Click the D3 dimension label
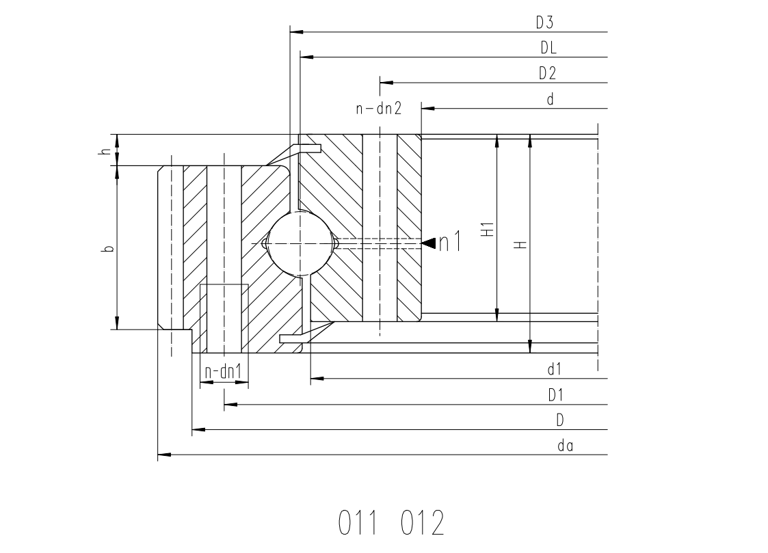click(x=544, y=23)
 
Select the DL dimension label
click(x=548, y=47)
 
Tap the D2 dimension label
click(x=548, y=73)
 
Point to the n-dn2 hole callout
click(x=379, y=108)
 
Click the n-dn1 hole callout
click(x=224, y=372)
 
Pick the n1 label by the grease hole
click(x=449, y=242)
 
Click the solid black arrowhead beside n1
click(x=429, y=243)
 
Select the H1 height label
click(x=488, y=230)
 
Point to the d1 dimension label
click(x=555, y=369)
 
